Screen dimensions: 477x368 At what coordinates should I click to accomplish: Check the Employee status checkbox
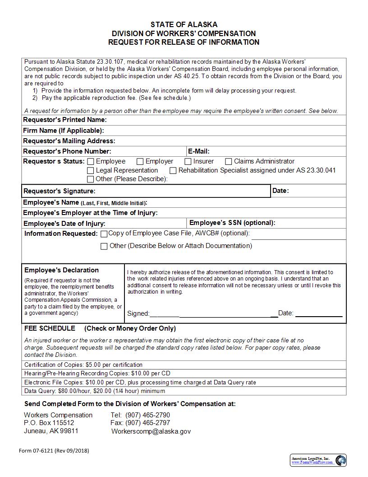91,162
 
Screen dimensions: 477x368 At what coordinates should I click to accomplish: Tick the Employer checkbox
140,162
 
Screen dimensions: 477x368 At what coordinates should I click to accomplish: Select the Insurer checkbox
188,162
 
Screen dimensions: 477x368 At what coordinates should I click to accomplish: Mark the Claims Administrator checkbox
229,162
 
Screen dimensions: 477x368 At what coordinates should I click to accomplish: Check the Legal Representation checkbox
91,171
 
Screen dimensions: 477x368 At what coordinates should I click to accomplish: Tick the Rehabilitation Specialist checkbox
173,171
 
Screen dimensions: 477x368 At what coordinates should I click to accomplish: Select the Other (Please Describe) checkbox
91,179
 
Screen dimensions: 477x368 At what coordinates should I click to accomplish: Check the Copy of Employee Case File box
104,234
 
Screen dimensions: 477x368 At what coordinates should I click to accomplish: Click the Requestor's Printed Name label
64,120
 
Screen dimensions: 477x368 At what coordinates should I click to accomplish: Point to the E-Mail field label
198,151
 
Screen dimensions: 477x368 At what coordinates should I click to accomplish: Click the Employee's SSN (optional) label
232,223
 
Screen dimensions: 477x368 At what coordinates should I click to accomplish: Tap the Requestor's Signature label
59,191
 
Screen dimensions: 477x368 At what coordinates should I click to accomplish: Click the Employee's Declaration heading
61,270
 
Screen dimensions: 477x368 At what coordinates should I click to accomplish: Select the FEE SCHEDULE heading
50,328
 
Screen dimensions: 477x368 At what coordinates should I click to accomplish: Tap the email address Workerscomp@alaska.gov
151,431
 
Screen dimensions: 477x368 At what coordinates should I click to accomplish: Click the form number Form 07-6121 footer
54,451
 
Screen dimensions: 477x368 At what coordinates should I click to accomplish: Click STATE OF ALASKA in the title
184,24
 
